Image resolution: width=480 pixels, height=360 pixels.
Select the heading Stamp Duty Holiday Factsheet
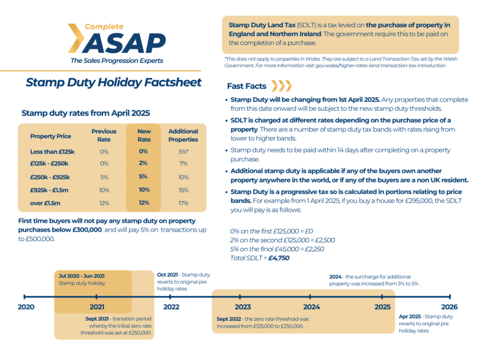point(113,82)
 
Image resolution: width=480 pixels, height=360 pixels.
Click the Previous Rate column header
point(104,135)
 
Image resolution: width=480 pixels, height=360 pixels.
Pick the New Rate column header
point(144,135)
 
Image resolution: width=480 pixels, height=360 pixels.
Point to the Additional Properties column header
point(183,135)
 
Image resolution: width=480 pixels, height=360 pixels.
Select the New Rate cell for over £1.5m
point(144,202)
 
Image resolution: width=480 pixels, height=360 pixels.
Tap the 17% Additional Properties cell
point(183,202)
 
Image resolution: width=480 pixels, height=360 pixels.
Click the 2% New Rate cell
point(144,163)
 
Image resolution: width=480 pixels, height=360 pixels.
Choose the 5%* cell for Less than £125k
point(183,151)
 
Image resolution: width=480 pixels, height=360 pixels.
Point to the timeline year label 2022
point(171,307)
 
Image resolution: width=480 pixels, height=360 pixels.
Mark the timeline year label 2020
point(26,307)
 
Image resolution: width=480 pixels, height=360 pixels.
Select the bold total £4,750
point(278,257)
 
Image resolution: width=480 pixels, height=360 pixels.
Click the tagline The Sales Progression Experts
point(116,61)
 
